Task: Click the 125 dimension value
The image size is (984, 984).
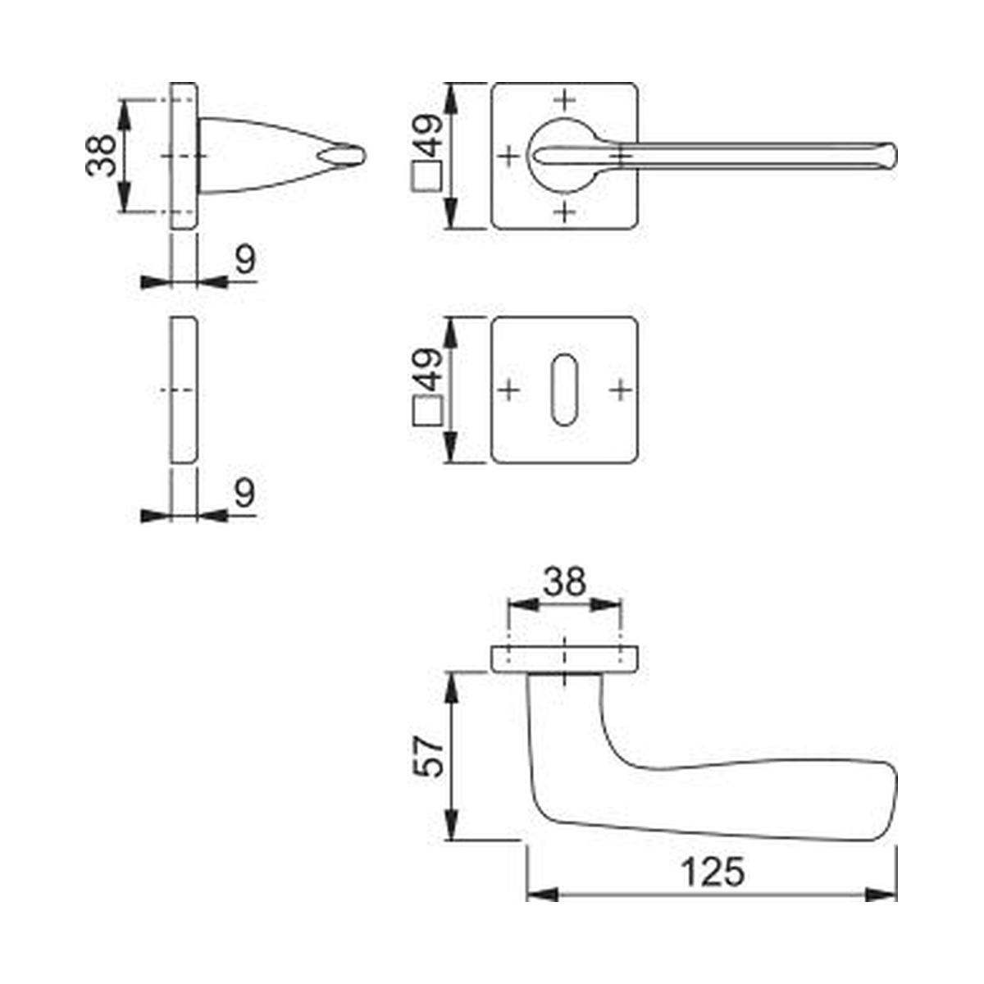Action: point(713,872)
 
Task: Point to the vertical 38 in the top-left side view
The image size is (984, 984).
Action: point(101,156)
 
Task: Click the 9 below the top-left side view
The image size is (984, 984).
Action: point(245,259)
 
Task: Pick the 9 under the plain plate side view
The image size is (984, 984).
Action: point(244,492)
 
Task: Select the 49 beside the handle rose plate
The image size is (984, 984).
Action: point(427,135)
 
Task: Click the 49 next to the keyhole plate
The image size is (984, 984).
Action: point(427,370)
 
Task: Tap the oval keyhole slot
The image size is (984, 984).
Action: point(564,389)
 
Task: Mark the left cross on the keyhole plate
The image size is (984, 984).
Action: point(508,390)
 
